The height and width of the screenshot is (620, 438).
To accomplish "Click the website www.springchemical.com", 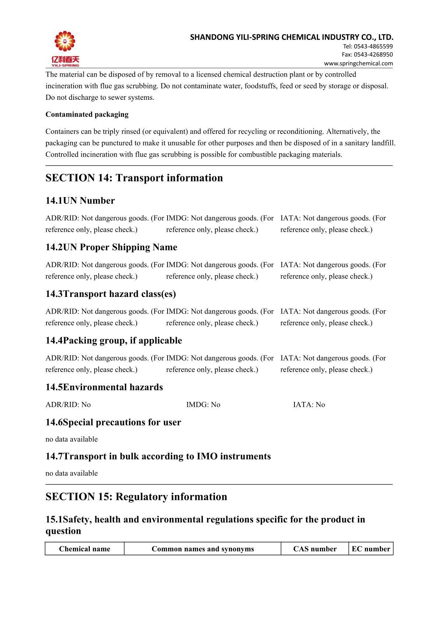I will click(x=358, y=63).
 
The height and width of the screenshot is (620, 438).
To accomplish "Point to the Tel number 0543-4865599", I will click(x=368, y=46).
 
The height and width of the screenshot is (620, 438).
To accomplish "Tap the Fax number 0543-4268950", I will click(x=367, y=55).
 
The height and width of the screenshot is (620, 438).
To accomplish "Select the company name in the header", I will click(x=292, y=37).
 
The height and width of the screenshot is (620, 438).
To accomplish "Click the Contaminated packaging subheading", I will click(x=87, y=115).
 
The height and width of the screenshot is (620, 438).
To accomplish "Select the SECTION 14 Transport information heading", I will click(x=134, y=178).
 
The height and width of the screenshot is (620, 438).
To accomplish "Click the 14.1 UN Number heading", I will click(x=80, y=201).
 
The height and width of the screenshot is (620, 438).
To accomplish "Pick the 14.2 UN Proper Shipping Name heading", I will click(x=111, y=247).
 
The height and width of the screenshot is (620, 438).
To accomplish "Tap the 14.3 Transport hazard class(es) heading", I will click(x=110, y=294).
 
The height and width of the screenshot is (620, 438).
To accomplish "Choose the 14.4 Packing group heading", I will click(x=113, y=341).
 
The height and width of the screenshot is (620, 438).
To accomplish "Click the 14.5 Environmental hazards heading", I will click(x=104, y=388).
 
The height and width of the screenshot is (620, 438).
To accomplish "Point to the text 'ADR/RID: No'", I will click(x=68, y=405).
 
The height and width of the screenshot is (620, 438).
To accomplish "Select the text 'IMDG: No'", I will click(x=203, y=405).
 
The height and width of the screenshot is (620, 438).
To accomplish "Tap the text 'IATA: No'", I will click(x=309, y=405).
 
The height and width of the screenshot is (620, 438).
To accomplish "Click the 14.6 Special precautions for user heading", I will click(x=113, y=422).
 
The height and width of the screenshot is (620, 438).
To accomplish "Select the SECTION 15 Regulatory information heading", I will click(x=136, y=497).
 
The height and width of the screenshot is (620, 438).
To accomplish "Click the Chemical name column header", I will click(x=84, y=549).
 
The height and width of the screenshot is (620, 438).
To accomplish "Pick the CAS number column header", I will click(x=315, y=549).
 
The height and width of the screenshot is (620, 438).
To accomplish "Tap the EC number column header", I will click(x=371, y=549).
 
